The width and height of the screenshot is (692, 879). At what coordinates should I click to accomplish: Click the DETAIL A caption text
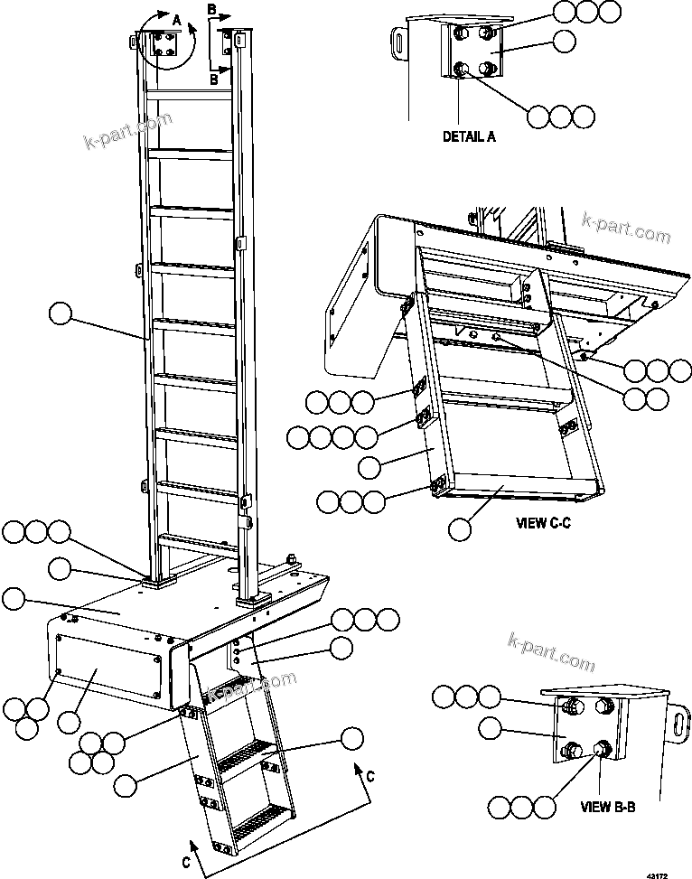[469, 137]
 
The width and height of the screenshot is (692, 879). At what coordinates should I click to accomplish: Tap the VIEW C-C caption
[544, 522]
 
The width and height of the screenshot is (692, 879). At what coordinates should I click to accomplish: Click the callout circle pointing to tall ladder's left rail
[60, 314]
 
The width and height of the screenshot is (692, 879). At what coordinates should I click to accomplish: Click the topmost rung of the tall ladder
[189, 93]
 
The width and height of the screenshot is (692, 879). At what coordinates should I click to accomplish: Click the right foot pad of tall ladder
[252, 600]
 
